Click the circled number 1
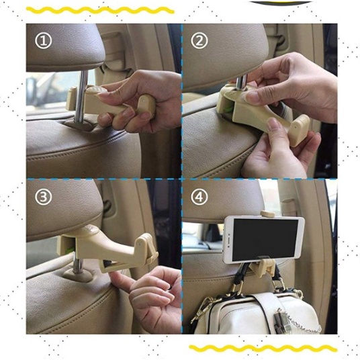[x=43, y=40]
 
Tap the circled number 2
[x=199, y=40]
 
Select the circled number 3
[x=43, y=197]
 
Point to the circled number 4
[x=199, y=197]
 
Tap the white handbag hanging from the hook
[x=255, y=312]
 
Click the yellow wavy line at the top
[x=100, y=10]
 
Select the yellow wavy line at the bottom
[x=263, y=348]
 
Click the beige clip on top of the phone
[x=267, y=214]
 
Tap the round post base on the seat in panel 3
[x=79, y=274]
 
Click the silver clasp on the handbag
[x=281, y=318]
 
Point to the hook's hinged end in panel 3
[x=146, y=248]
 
